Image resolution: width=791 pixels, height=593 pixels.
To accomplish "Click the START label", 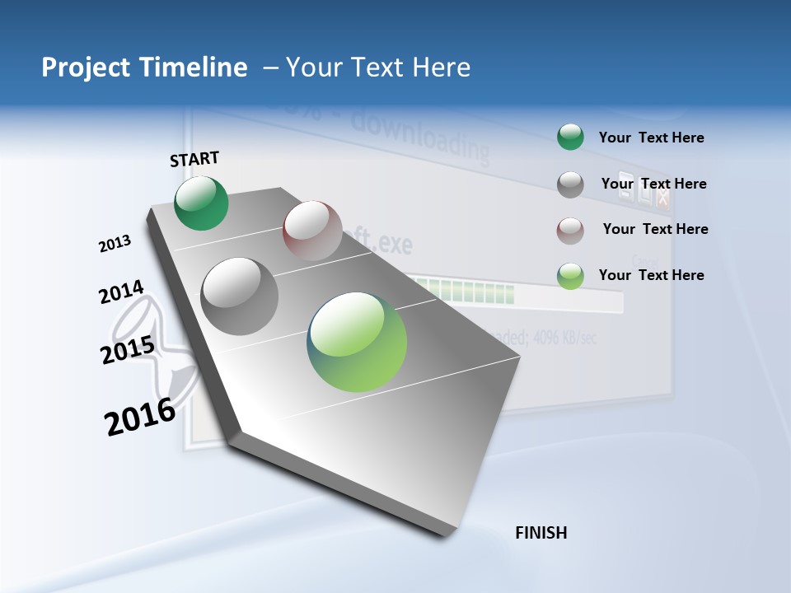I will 194,159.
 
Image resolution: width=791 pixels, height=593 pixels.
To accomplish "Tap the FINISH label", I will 541,533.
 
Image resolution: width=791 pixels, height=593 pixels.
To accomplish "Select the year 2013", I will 115,244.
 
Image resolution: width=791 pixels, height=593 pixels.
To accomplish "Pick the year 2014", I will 121,292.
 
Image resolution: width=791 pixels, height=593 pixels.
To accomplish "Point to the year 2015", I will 128,350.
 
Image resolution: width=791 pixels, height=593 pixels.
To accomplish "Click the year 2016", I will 140,417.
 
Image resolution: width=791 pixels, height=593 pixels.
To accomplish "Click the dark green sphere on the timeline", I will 201,203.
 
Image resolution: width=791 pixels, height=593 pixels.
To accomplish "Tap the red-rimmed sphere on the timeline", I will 312,230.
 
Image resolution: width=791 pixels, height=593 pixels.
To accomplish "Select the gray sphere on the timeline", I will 240,296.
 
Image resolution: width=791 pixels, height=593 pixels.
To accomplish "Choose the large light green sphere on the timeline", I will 357,341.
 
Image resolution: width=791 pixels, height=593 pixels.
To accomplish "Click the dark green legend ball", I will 570,137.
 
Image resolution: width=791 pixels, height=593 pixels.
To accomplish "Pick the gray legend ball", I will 570,184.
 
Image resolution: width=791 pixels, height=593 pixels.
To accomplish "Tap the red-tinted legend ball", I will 570,231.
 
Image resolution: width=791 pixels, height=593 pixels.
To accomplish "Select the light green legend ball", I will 570,276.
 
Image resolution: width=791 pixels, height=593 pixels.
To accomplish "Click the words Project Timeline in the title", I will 144,68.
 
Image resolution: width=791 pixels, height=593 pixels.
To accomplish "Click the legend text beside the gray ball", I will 653,184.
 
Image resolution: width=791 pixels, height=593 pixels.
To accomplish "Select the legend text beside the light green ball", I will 651,275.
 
